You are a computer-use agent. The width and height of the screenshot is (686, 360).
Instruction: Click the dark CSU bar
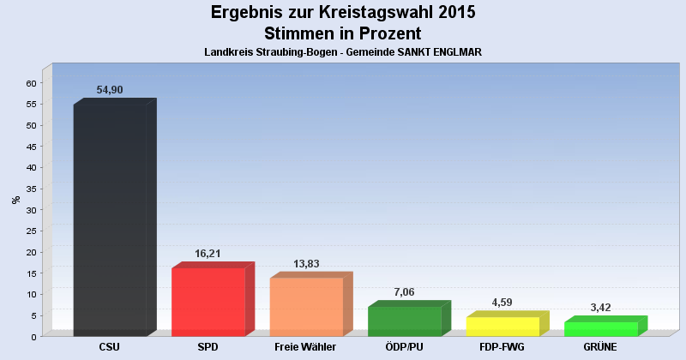110,219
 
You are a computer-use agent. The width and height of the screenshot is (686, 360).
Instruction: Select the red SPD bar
208,302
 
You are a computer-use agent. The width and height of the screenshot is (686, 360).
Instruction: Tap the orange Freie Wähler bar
306,306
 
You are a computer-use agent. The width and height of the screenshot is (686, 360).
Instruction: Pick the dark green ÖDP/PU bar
404,321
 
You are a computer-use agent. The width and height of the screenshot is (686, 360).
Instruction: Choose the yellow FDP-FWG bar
502,326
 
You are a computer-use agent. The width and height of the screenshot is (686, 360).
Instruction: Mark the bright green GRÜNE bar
600,328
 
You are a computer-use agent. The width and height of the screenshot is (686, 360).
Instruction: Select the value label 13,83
307,264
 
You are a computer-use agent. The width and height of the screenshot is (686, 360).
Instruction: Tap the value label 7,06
405,292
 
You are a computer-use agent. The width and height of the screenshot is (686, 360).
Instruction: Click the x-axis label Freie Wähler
305,347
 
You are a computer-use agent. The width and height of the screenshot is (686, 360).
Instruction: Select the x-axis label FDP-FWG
502,347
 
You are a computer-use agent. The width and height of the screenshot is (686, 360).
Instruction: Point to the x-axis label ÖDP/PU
403,347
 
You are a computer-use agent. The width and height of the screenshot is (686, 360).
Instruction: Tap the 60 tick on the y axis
31,83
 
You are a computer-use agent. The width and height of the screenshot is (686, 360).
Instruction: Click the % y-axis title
15,200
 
